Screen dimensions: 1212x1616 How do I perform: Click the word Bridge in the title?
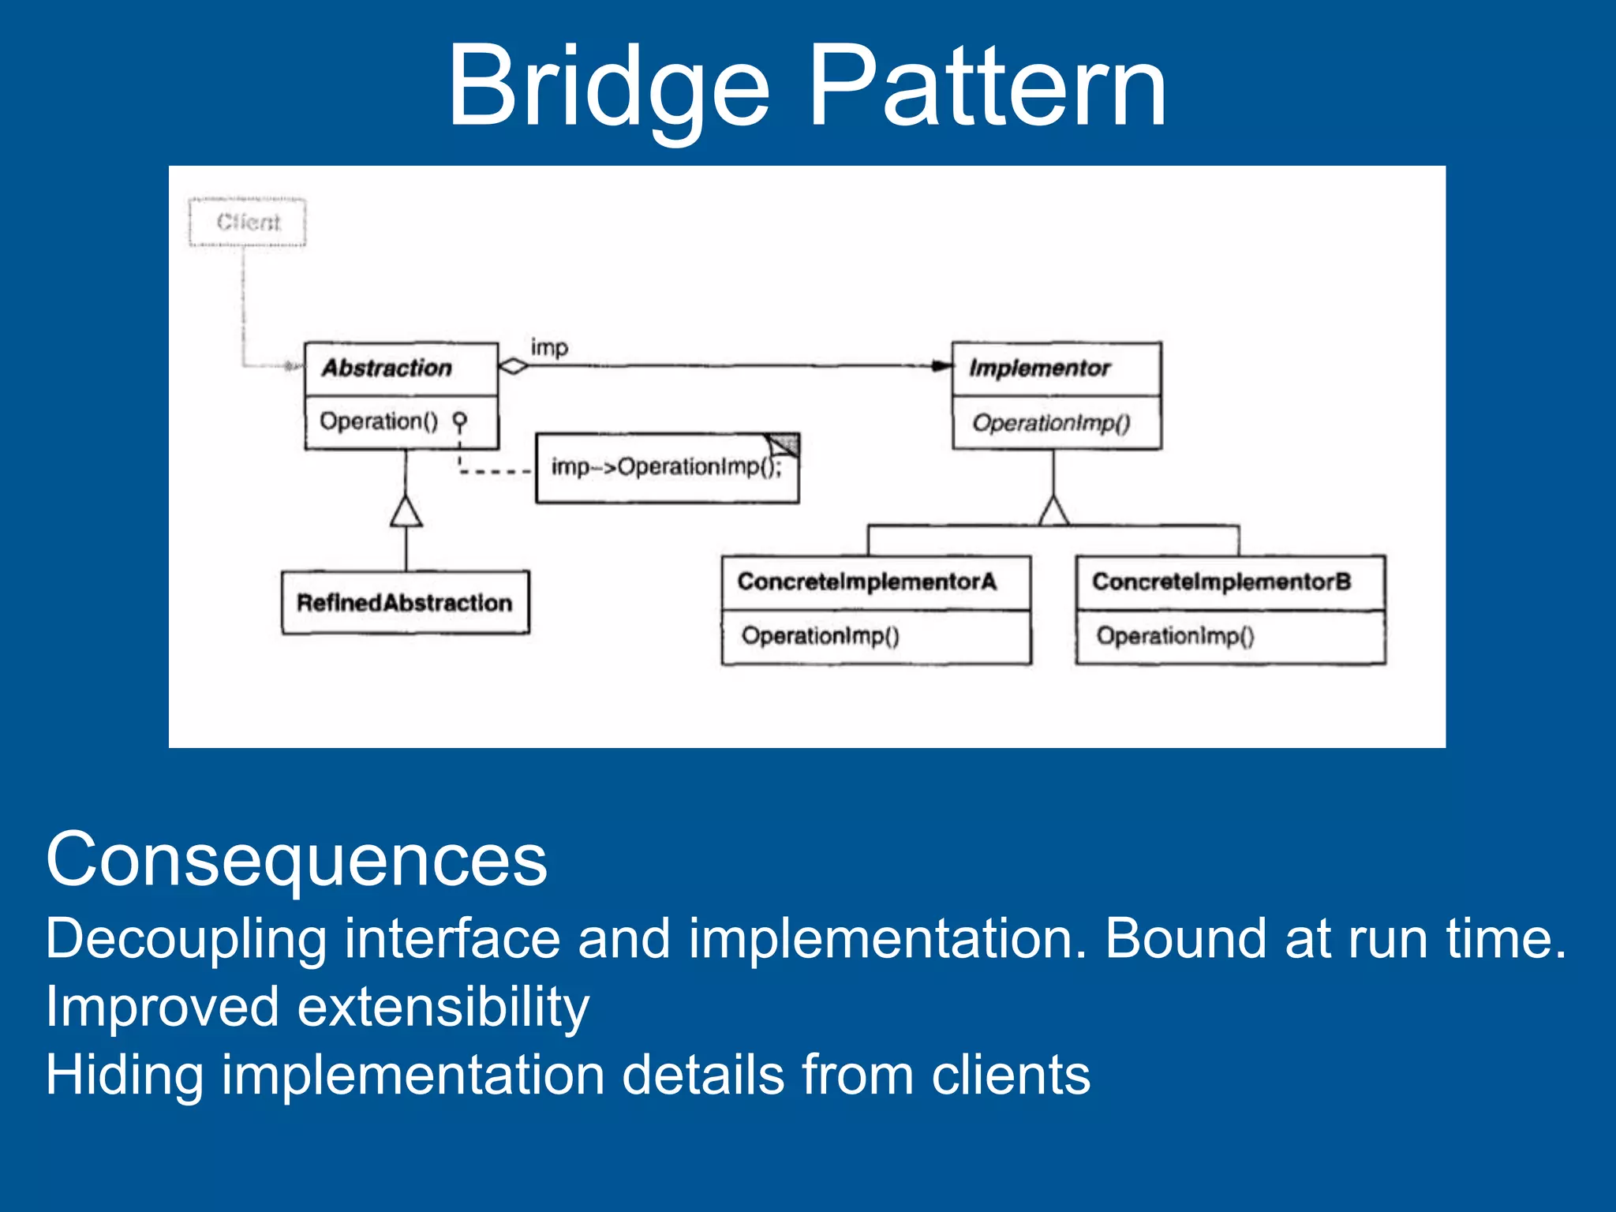click(608, 87)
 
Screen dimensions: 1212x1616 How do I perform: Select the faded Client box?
click(248, 223)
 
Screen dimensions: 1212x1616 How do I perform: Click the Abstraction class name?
click(387, 368)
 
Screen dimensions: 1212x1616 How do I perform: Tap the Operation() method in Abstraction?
click(379, 421)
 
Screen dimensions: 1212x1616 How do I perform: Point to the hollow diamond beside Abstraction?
click(514, 366)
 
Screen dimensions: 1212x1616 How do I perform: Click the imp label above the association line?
click(549, 347)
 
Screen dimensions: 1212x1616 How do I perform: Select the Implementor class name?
click(1039, 368)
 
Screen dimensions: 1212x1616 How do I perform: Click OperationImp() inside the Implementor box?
click(1051, 423)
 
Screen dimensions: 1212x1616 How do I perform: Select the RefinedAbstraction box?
click(405, 603)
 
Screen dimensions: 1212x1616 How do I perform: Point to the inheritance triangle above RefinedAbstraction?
click(406, 512)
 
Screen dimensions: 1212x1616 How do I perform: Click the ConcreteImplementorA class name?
click(866, 582)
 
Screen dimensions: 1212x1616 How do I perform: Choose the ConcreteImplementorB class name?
click(1221, 582)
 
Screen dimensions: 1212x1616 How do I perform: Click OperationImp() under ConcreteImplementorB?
click(1174, 636)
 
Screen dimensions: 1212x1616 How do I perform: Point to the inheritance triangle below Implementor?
click(1054, 512)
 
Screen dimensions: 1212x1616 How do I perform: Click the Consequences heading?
click(297, 860)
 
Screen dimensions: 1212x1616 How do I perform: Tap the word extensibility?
click(443, 1008)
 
